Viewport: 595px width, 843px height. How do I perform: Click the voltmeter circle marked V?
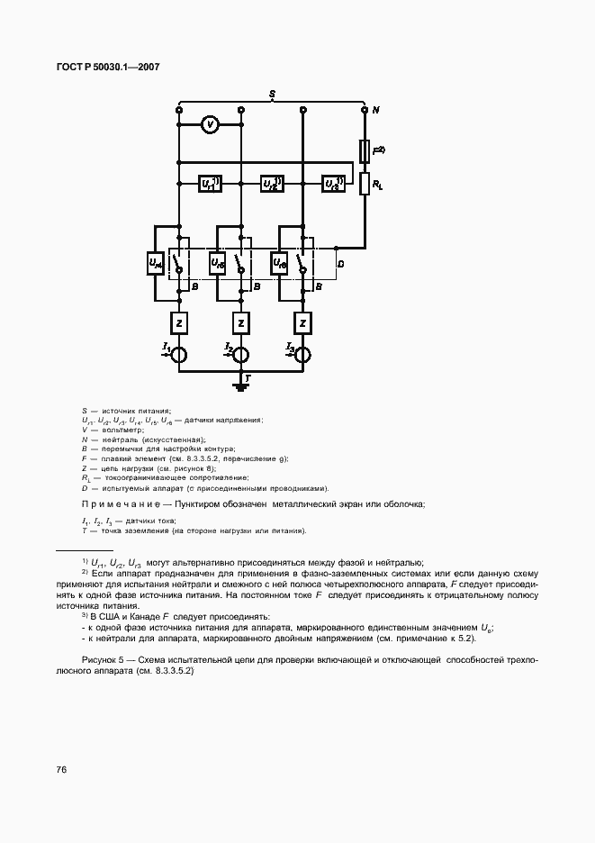209,125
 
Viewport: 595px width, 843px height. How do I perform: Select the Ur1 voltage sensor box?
210,184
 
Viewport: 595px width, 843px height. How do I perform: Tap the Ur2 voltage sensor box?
271,184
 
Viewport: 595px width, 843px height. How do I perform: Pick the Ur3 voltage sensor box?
333,184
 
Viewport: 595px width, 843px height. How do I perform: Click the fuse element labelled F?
365,150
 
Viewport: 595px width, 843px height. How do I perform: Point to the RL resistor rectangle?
365,184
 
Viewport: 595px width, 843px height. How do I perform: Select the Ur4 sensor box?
155,263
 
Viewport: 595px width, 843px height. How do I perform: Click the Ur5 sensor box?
217,263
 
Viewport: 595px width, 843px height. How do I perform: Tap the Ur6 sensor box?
279,263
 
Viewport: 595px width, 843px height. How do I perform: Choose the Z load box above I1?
179,322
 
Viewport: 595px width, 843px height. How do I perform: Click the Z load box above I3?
303,322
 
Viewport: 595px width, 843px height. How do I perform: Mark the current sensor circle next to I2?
241,354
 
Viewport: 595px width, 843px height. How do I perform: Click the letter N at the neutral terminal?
376,110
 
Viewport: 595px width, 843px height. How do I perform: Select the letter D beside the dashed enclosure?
339,264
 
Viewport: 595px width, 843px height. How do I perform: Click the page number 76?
62,769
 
